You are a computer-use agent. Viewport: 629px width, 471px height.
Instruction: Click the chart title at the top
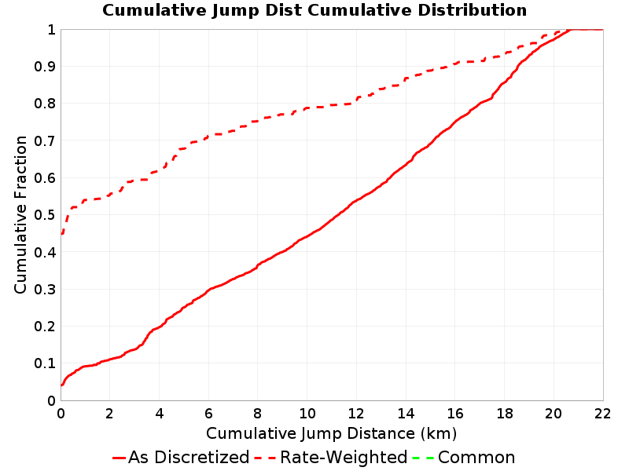(x=314, y=10)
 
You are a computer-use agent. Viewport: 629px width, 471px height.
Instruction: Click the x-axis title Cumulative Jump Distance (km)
(x=331, y=433)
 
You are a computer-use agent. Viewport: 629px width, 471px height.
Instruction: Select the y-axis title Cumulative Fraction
(x=20, y=214)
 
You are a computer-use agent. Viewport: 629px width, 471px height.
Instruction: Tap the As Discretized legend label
(x=189, y=458)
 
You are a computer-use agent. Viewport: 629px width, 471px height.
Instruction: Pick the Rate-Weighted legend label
(x=344, y=458)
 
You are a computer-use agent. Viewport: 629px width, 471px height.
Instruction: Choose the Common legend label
(x=476, y=458)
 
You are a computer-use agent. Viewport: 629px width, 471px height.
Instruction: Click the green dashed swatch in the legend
(x=423, y=458)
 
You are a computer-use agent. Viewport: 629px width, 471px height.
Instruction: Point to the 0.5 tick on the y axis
(x=45, y=214)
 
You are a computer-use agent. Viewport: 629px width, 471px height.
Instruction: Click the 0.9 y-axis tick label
(x=45, y=66)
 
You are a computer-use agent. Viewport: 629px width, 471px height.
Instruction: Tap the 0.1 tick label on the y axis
(x=45, y=363)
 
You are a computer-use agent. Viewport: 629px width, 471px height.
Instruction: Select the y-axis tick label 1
(x=51, y=29)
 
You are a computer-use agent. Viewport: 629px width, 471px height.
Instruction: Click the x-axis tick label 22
(x=603, y=414)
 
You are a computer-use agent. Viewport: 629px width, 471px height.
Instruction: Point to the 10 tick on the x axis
(x=307, y=414)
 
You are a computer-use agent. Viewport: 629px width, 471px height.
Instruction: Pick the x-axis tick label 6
(x=208, y=414)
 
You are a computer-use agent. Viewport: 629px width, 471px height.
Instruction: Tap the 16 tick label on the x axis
(x=455, y=414)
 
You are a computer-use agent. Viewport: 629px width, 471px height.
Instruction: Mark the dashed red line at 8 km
(x=258, y=121)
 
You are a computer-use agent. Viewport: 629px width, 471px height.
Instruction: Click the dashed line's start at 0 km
(x=61, y=233)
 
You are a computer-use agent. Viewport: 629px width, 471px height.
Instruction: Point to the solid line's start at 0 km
(x=61, y=385)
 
